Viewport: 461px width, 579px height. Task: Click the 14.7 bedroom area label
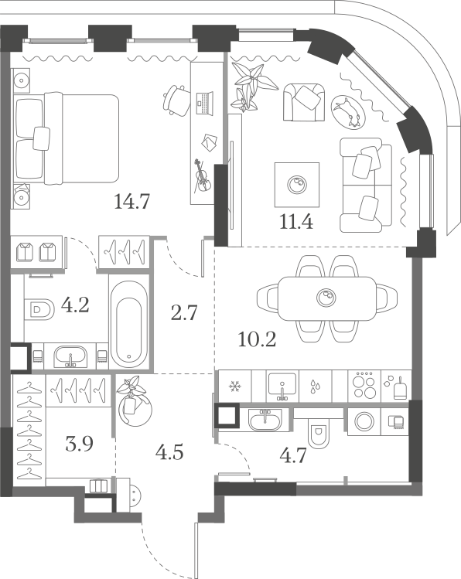(x=131, y=202)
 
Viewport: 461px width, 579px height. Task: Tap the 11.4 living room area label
(x=296, y=222)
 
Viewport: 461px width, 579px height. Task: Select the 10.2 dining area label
(x=257, y=339)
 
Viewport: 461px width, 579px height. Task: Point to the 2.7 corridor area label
(x=184, y=313)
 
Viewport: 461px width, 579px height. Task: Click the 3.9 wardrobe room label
(x=79, y=444)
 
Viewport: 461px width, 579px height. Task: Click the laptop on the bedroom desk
(x=204, y=103)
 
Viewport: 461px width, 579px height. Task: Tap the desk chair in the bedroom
(x=176, y=100)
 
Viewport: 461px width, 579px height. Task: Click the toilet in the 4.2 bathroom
(x=39, y=308)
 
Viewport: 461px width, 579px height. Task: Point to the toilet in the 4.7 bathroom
(x=319, y=434)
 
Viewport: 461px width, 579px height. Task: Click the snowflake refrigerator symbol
(x=235, y=387)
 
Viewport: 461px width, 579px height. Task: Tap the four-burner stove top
(x=364, y=386)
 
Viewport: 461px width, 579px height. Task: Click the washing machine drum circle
(x=364, y=421)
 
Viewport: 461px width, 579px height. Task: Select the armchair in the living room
(x=304, y=102)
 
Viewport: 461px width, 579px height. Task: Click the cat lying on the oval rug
(x=347, y=111)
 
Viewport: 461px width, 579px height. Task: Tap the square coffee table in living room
(x=297, y=184)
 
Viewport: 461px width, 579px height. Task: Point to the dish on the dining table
(x=326, y=298)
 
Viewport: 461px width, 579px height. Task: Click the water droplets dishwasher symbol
(x=315, y=386)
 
